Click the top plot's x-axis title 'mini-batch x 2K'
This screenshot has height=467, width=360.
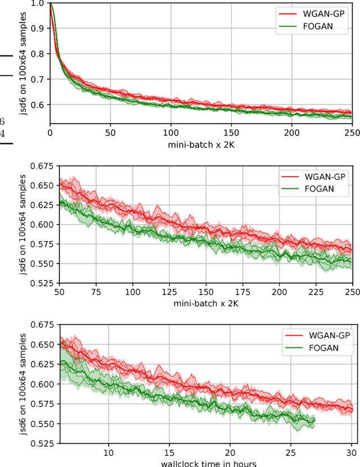201,145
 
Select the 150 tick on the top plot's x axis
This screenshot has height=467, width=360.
231,133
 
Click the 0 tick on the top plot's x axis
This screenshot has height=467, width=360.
50,133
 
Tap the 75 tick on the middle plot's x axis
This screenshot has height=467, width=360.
96,292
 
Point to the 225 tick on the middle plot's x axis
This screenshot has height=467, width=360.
316,292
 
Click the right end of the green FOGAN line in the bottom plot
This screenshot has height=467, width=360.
315,421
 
